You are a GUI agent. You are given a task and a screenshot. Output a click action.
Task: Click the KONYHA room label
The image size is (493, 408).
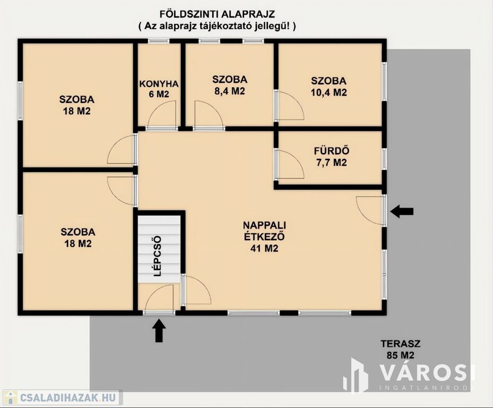(x=159, y=84)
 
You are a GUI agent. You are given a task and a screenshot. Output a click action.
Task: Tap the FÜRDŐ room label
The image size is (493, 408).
(x=331, y=151)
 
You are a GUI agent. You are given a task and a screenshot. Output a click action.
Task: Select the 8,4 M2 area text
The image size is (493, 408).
(x=229, y=91)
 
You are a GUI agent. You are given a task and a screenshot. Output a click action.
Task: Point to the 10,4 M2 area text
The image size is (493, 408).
(x=329, y=93)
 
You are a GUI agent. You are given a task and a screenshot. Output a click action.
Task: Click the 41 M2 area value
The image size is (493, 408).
(x=264, y=248)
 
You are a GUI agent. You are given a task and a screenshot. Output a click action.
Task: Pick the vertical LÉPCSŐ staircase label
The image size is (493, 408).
(x=158, y=256)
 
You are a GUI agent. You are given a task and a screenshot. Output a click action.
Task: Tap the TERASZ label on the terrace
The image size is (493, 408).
(x=401, y=344)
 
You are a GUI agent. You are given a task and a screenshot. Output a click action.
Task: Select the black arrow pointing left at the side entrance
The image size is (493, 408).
(x=402, y=211)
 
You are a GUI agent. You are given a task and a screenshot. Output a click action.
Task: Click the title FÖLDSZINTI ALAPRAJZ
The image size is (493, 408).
(x=217, y=14)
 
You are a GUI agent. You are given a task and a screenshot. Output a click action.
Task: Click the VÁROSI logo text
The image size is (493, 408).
(x=427, y=372)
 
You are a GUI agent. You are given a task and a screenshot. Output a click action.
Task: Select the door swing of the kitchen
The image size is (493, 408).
(x=162, y=116)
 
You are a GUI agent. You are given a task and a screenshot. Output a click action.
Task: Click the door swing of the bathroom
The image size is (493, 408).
(x=290, y=164)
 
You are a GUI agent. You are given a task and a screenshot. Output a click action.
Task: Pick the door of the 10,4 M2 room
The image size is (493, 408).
(x=290, y=105)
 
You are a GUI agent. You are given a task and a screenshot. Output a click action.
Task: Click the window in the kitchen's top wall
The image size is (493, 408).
(x=159, y=41)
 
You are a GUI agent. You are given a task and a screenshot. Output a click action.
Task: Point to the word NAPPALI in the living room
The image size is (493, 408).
(x=265, y=225)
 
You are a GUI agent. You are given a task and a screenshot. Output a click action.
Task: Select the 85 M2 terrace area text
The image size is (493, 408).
(x=401, y=355)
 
